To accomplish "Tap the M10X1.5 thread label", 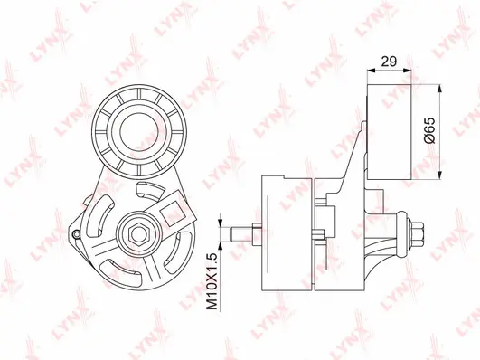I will [x=213, y=282].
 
